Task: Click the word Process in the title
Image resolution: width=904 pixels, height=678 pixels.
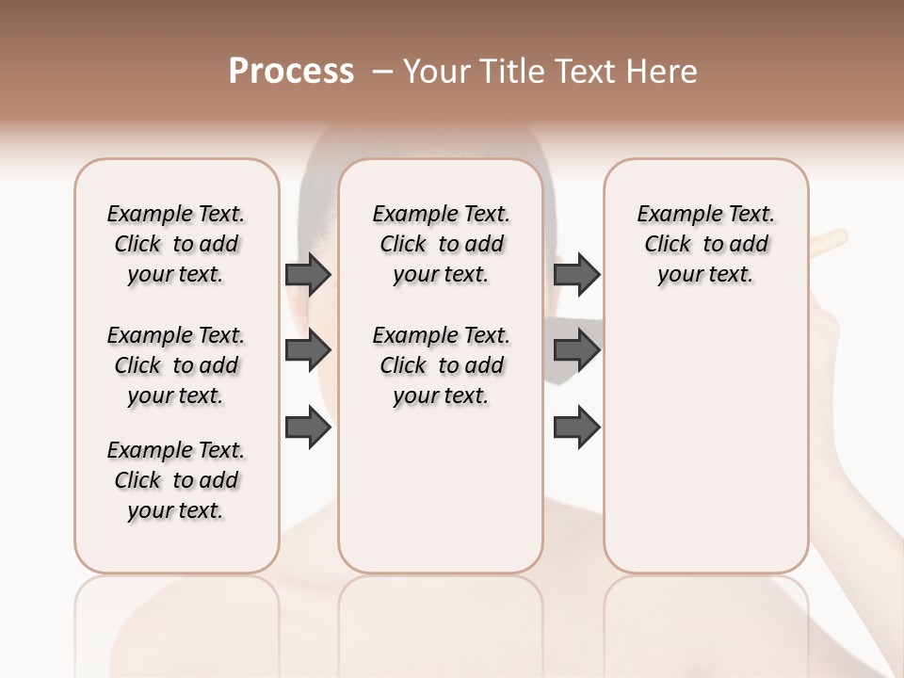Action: tap(291, 71)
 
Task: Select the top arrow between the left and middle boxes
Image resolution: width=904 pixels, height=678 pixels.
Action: tap(308, 274)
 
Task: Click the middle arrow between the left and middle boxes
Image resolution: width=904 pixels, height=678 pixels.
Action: tap(308, 351)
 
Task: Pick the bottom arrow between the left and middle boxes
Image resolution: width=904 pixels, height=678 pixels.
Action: tap(308, 428)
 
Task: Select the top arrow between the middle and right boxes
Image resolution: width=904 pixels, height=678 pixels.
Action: tap(576, 274)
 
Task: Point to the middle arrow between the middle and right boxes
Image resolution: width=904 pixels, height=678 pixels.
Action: tap(576, 351)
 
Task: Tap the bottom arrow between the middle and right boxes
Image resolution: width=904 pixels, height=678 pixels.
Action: tap(576, 428)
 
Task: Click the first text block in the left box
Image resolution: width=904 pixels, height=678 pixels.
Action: tap(176, 244)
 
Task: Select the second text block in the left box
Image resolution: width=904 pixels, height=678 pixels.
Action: tap(176, 365)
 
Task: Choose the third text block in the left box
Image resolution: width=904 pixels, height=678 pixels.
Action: tap(176, 480)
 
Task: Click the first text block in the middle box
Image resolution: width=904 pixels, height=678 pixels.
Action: tap(442, 244)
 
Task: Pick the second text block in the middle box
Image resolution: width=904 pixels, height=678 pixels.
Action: tap(442, 365)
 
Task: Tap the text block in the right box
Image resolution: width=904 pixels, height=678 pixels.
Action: tap(706, 244)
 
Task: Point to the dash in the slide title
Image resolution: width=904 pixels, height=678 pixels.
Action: tap(382, 71)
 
